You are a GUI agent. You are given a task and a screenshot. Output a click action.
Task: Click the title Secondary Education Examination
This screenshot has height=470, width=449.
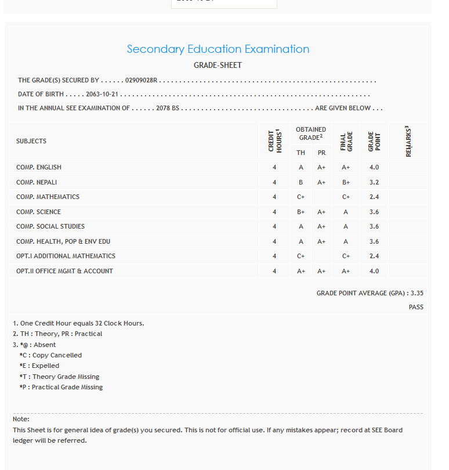click(x=218, y=49)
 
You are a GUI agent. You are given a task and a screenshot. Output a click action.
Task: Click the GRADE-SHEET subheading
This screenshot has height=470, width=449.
click(x=218, y=66)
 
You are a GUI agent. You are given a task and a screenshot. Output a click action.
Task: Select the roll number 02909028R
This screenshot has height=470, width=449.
click(x=141, y=81)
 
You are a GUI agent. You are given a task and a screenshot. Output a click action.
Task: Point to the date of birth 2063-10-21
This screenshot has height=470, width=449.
click(x=102, y=94)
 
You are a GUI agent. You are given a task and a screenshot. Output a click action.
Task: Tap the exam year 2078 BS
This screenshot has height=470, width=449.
click(x=168, y=109)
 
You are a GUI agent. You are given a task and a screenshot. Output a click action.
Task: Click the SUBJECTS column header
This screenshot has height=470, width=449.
click(x=31, y=141)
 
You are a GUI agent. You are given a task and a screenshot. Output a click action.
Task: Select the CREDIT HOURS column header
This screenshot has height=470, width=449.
click(x=274, y=141)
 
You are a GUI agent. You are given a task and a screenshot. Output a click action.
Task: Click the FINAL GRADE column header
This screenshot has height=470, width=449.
click(x=346, y=141)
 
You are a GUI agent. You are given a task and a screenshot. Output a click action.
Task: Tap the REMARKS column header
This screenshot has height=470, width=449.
click(x=408, y=141)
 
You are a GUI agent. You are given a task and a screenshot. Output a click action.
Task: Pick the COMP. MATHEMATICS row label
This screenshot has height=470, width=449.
click(x=48, y=197)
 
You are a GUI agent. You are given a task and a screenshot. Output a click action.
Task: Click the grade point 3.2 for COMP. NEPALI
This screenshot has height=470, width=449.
click(x=374, y=182)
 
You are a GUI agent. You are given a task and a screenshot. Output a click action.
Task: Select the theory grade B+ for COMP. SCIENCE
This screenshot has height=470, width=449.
click(x=300, y=212)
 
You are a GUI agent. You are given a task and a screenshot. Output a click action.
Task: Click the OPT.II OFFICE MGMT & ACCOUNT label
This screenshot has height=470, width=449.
click(x=64, y=271)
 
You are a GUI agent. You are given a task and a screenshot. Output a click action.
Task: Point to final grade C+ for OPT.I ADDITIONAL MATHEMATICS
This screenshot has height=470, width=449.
click(x=346, y=256)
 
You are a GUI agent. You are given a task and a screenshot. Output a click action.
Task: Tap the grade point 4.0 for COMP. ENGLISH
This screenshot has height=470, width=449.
click(x=374, y=167)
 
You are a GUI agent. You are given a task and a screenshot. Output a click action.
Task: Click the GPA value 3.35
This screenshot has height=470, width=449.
click(x=417, y=294)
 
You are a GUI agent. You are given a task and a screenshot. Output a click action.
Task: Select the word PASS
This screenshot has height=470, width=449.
click(x=416, y=307)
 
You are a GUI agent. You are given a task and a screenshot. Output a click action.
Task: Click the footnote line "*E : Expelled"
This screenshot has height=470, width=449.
click(x=39, y=366)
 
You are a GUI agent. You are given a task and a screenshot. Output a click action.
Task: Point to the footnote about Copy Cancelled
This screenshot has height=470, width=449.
click(x=50, y=355)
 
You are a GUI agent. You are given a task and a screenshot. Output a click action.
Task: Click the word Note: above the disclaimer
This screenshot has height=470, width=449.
click(x=21, y=419)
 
